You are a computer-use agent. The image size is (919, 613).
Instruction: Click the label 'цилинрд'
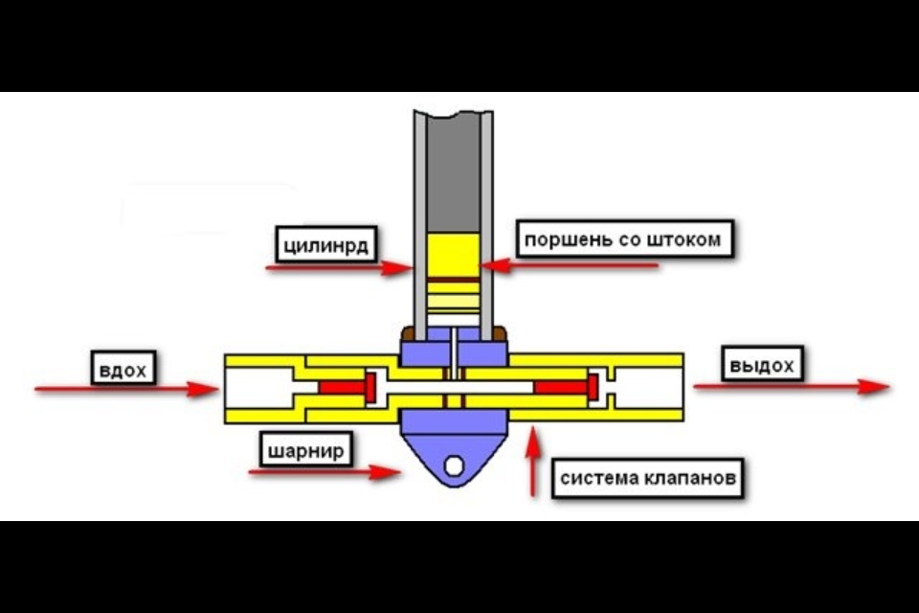click(x=325, y=243)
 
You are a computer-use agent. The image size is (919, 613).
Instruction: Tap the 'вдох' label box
click(x=123, y=368)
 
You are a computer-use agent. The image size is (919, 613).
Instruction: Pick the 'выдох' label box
click(x=761, y=366)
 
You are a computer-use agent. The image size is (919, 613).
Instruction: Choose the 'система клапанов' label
click(x=649, y=478)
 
